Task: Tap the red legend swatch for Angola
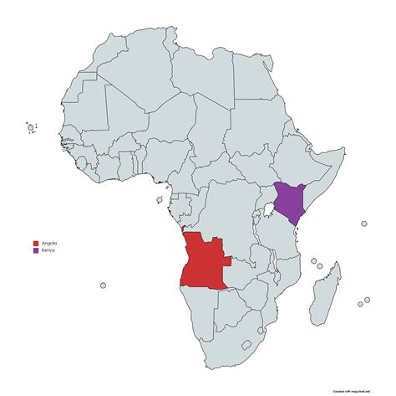34,243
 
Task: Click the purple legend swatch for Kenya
34,250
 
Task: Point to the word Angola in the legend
48,243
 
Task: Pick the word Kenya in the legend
47,250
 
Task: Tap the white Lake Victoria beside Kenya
269,209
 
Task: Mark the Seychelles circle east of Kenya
363,224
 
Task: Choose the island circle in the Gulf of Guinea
157,199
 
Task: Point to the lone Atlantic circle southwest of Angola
104,285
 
